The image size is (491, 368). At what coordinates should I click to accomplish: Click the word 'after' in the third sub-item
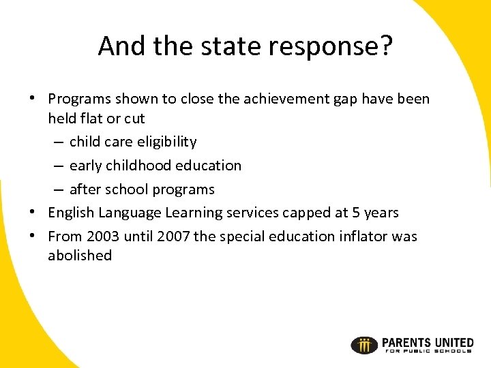87,189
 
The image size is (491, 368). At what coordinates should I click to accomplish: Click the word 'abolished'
79,256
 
